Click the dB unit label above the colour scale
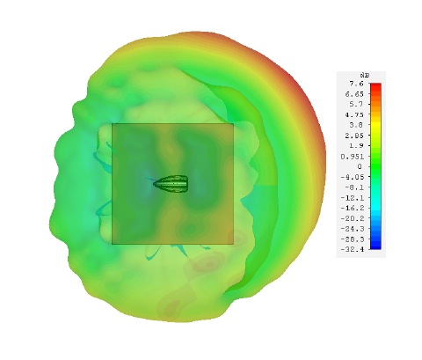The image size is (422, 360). (x=365, y=76)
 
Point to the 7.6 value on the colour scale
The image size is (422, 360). (x=356, y=84)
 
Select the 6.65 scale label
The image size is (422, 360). (x=354, y=94)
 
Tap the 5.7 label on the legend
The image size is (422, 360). (x=356, y=104)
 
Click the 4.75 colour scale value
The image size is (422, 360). (x=354, y=114)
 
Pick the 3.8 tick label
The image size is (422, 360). (x=356, y=125)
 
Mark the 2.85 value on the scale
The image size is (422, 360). (x=354, y=136)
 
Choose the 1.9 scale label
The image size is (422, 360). (x=356, y=146)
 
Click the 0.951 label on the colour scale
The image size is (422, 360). (x=352, y=157)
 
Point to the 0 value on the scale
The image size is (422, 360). (x=360, y=166)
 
